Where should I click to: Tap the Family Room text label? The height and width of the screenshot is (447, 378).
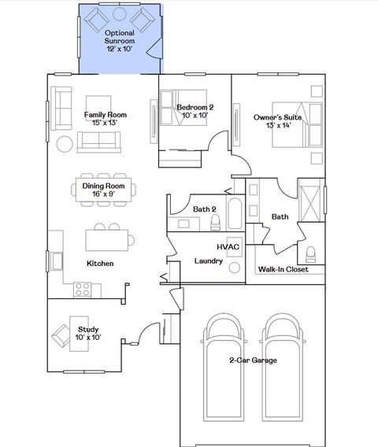106,119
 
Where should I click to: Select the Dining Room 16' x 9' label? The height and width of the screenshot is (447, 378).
104,190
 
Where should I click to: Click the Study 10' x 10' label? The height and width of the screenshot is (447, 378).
88,333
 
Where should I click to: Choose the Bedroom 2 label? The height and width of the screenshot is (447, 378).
195,111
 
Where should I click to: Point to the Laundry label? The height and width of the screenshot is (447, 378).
208,260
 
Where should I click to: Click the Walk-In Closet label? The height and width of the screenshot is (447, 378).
283,269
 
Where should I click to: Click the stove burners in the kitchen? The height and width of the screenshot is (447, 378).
82,289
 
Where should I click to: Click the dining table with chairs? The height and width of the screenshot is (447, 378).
105,189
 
